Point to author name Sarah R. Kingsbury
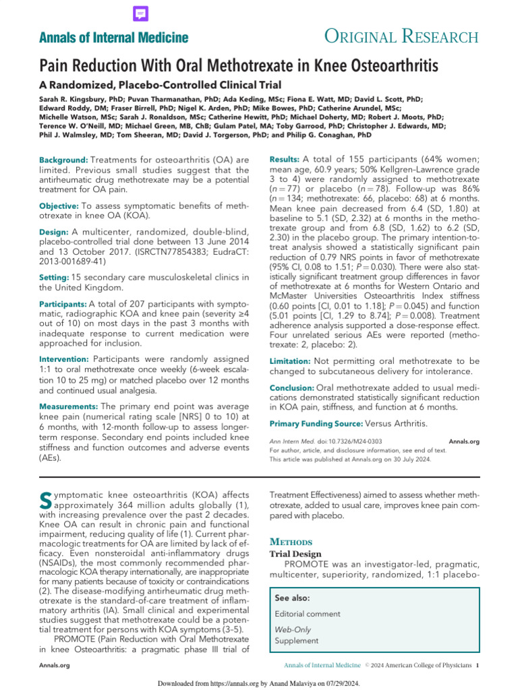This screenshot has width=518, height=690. click(70, 98)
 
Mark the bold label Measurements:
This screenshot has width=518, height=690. click(68, 407)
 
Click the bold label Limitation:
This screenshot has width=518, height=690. click(290, 361)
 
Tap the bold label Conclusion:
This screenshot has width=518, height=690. click(291, 388)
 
